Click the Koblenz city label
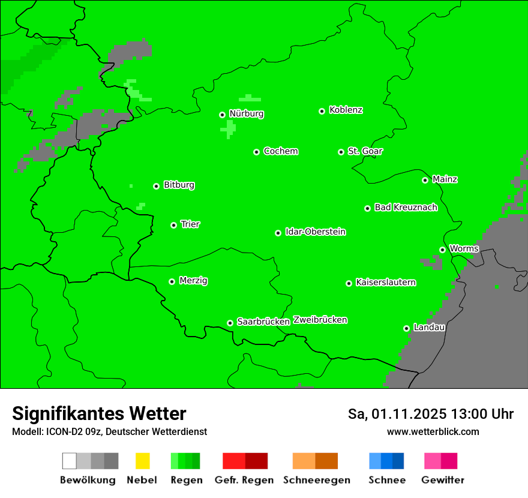coord(346,110)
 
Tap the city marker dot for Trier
coord(173,225)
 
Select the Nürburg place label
coord(246,113)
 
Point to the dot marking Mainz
coord(425,180)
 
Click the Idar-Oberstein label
coord(316,232)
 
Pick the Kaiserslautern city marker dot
coord(349,283)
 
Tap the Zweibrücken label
coord(320,320)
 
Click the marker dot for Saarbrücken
coord(230,323)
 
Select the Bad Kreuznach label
coord(406,207)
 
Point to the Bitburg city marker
coord(156,186)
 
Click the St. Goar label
coord(365,151)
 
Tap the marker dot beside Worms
coord(442,250)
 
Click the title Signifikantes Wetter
coord(99,413)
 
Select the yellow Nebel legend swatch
coord(142,461)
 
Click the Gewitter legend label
coord(443,480)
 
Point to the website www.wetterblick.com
coord(433,431)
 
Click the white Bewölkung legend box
coord(70,461)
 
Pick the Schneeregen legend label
coord(317,480)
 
